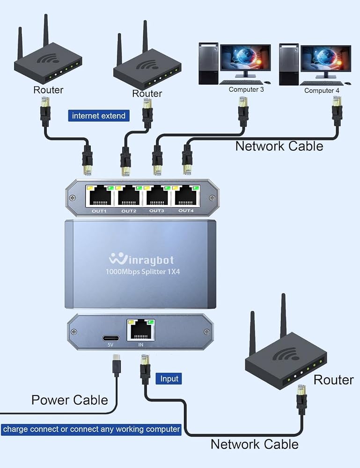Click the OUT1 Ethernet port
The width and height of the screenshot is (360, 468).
(x=99, y=196)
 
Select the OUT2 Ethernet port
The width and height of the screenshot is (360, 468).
(x=129, y=196)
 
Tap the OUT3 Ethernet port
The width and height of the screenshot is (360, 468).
(x=157, y=196)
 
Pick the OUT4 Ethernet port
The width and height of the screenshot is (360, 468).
(x=186, y=196)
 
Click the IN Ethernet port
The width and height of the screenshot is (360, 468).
(x=141, y=330)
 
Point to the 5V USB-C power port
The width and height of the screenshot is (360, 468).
(x=111, y=338)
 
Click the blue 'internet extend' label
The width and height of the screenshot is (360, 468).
(x=99, y=116)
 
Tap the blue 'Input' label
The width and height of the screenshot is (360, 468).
(x=169, y=379)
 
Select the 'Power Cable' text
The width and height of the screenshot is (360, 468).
(x=70, y=400)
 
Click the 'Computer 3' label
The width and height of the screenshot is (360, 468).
(x=246, y=89)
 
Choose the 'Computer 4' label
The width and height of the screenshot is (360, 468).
(x=322, y=90)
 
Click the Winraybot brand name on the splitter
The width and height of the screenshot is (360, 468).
(x=141, y=259)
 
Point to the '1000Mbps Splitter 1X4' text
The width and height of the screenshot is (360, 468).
(x=143, y=271)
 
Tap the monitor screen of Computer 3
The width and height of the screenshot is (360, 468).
(x=245, y=58)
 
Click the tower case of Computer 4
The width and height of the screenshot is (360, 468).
(x=289, y=65)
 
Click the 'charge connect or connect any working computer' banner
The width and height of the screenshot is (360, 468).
(x=91, y=430)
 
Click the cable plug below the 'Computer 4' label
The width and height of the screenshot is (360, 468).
(x=337, y=111)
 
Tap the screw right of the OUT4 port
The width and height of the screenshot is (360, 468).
(x=212, y=197)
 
